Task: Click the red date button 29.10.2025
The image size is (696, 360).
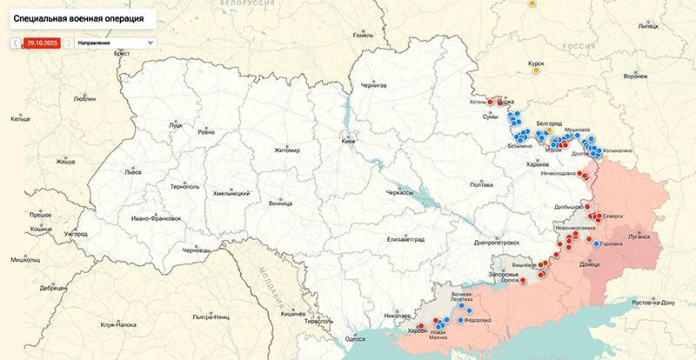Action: (42, 42)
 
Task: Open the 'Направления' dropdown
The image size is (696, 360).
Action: (115, 42)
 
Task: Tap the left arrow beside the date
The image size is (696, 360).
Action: (16, 42)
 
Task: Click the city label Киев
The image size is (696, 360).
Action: (348, 140)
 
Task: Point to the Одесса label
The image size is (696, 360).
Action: (355, 339)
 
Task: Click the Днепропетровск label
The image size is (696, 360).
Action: (497, 244)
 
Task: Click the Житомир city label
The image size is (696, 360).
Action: (286, 150)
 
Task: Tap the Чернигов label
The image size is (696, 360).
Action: (374, 87)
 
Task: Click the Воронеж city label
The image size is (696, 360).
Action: (660, 77)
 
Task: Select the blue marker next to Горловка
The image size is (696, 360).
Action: (597, 243)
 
